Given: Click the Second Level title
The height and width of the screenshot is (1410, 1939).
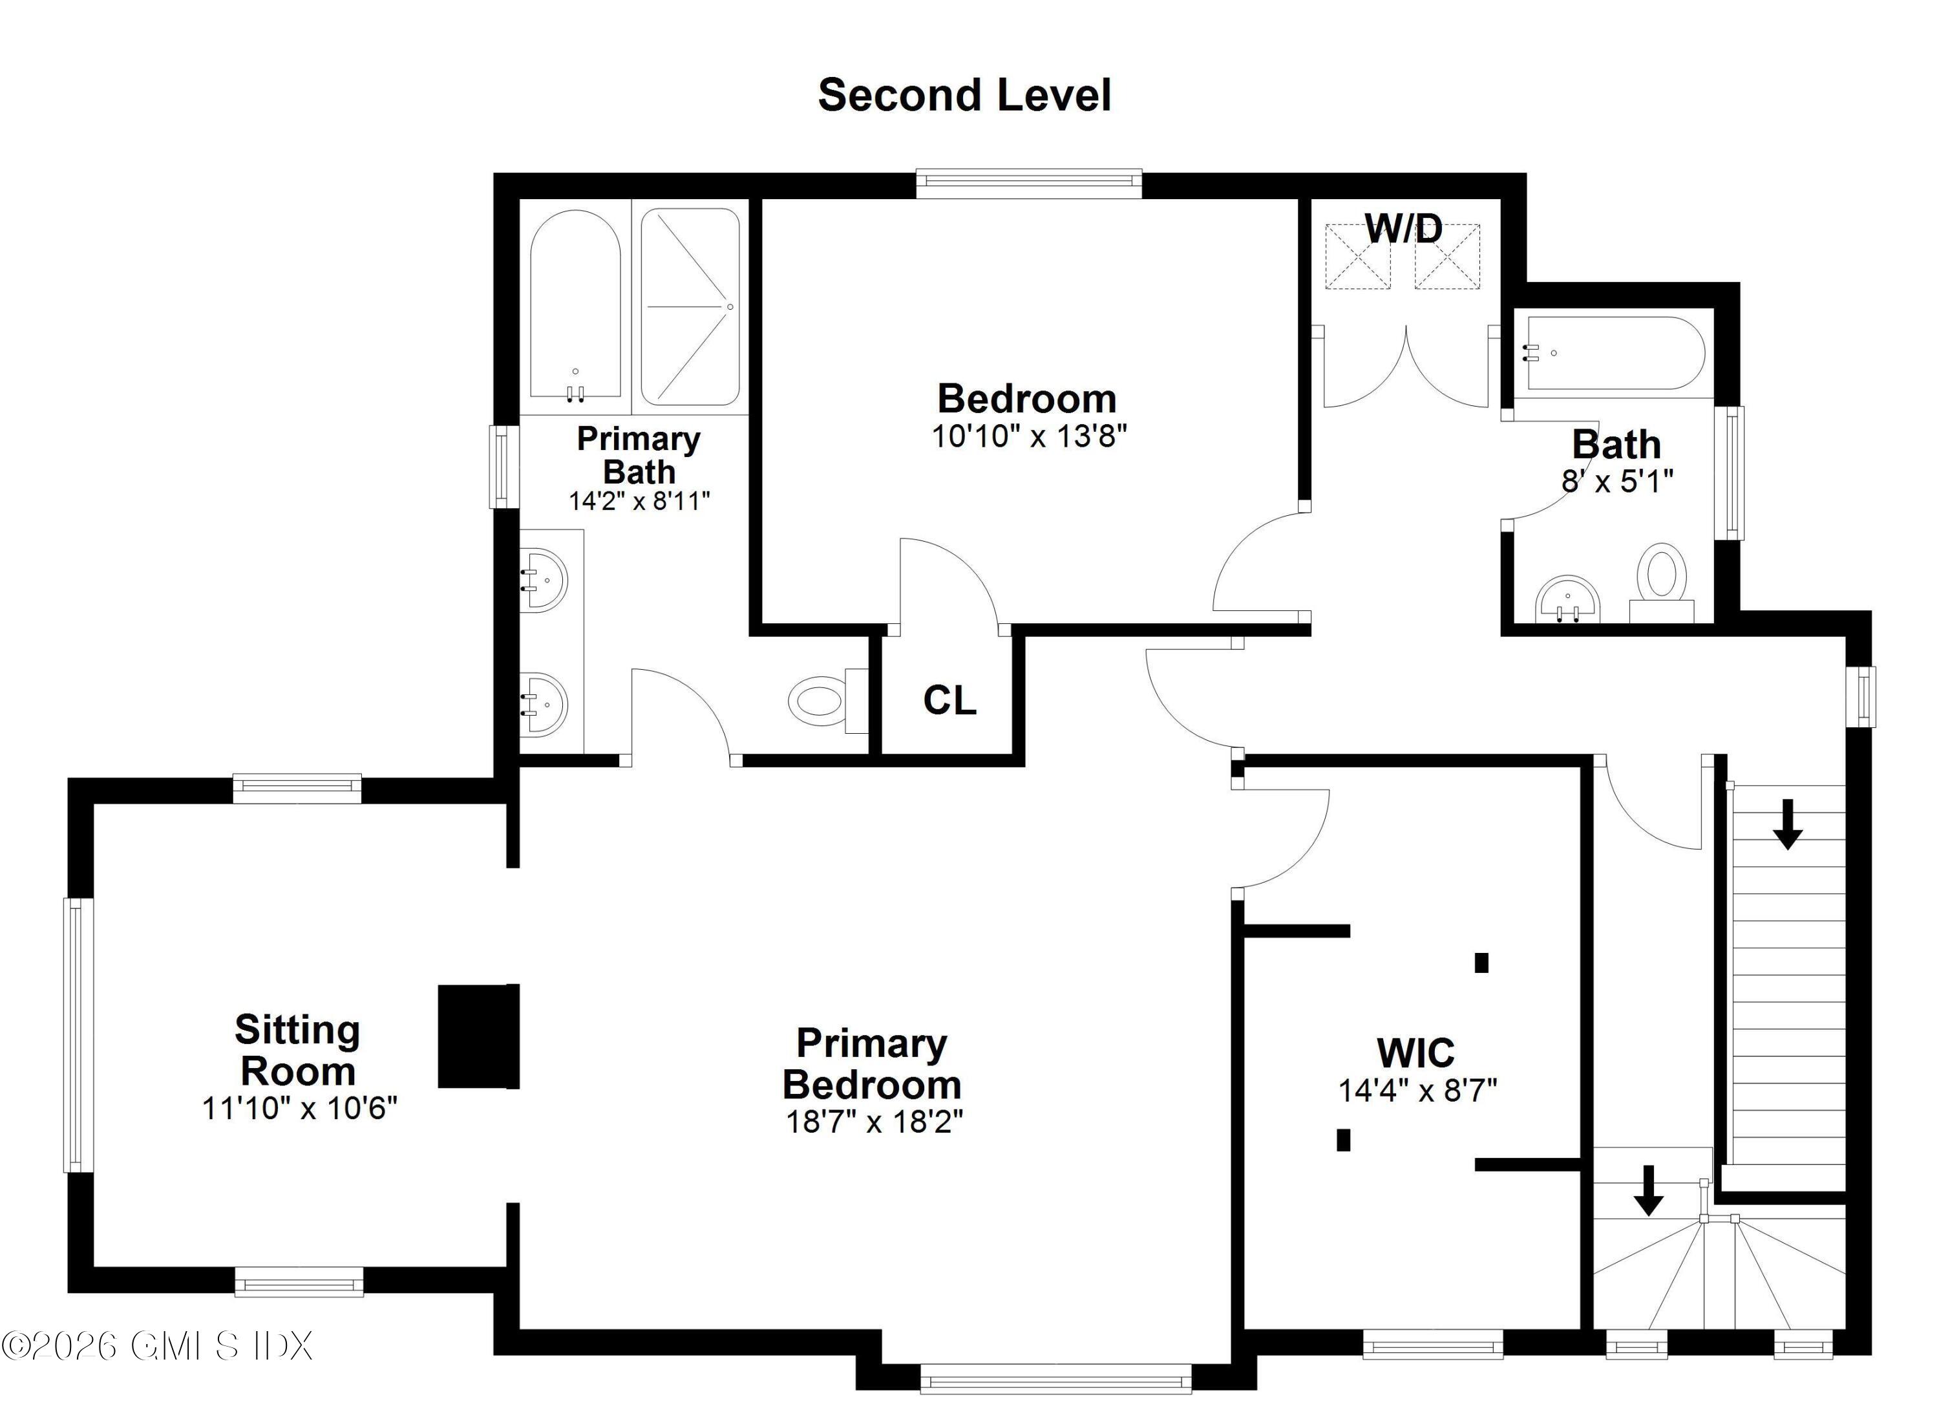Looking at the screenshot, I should (x=964, y=95).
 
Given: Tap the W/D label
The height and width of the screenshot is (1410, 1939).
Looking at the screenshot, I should (x=1403, y=228).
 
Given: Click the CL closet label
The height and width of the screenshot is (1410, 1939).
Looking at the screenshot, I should (x=949, y=700).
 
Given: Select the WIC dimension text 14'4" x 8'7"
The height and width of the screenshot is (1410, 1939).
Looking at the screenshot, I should (x=1417, y=1090).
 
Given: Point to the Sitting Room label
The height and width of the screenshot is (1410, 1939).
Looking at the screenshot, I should (x=297, y=1050).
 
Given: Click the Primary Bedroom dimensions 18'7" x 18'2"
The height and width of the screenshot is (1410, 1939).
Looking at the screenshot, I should (x=874, y=1121).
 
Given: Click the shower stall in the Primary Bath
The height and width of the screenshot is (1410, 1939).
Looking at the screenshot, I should (x=690, y=306).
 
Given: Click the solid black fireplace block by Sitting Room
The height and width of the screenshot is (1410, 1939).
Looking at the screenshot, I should (x=478, y=1036).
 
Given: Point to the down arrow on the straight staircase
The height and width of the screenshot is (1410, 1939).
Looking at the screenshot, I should (x=1787, y=825).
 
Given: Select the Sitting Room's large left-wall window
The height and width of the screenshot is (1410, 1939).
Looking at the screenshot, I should (x=77, y=1034).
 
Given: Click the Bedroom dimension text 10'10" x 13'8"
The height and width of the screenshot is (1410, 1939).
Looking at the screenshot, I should (x=1028, y=436).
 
